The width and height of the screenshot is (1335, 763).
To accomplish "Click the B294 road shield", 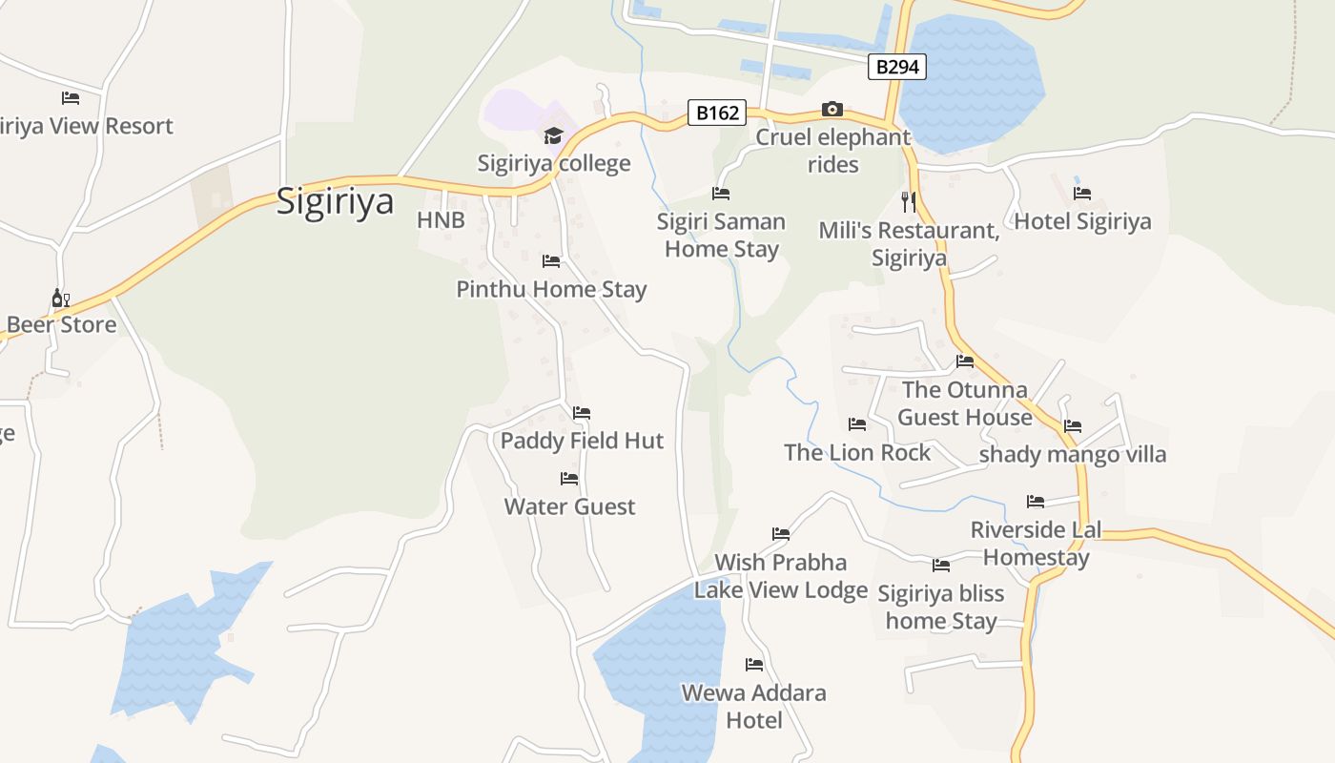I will coord(897,67).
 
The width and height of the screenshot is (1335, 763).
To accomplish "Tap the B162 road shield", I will coord(717,113).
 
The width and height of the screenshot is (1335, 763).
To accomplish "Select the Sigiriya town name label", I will coord(335,202).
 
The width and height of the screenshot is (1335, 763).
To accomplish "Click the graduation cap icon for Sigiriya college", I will coord(554,136).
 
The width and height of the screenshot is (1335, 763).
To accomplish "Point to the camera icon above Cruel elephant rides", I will coord(832,109).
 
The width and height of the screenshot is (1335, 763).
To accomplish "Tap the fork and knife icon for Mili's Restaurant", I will coord(908,201).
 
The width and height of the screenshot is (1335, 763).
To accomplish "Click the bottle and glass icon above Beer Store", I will coord(61,299).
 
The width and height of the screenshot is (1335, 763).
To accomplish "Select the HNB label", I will coord(441,220).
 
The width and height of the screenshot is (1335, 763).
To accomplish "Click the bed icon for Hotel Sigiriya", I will coord(1082,194).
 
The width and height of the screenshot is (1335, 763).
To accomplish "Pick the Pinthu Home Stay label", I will coord(551,289).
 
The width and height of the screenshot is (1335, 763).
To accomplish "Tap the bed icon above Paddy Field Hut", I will coord(582,413).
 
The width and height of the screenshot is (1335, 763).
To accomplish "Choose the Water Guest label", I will coord(569,506).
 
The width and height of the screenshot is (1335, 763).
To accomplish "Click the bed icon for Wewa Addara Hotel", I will coord(754,665).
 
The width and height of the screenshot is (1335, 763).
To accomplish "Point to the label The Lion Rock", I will coord(856,452).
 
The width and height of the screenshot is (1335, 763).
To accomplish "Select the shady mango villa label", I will coord(1073,454).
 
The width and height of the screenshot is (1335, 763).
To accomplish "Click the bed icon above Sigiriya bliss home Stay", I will coord(941,566).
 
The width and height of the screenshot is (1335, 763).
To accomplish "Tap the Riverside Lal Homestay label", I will coord(1036,544).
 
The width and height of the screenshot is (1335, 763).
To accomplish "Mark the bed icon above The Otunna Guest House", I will coord(965,361).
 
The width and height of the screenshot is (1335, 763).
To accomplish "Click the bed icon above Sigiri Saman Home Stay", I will coord(721,194).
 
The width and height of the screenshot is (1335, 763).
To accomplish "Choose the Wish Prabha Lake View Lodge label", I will coord(780,576).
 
